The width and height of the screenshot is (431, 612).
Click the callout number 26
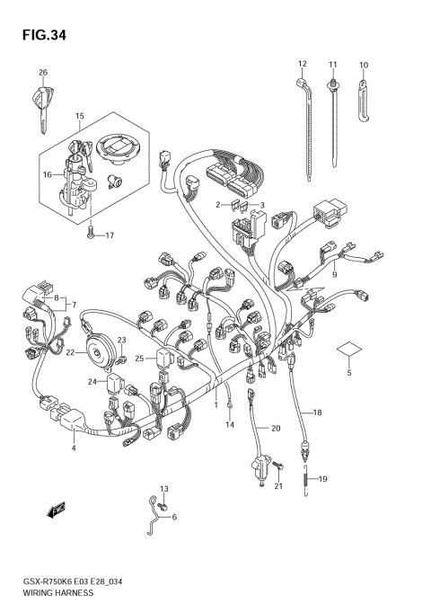[x=41, y=72]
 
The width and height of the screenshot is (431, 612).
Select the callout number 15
[x=79, y=116]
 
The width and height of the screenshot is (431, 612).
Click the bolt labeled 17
[x=90, y=235]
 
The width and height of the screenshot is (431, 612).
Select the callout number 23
[x=123, y=341]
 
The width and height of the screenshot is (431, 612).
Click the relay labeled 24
[x=113, y=386]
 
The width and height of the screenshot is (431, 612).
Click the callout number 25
[x=139, y=359]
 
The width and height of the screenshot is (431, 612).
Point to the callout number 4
[x=74, y=448]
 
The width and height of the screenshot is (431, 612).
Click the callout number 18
[x=317, y=412]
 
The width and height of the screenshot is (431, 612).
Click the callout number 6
[x=174, y=518]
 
